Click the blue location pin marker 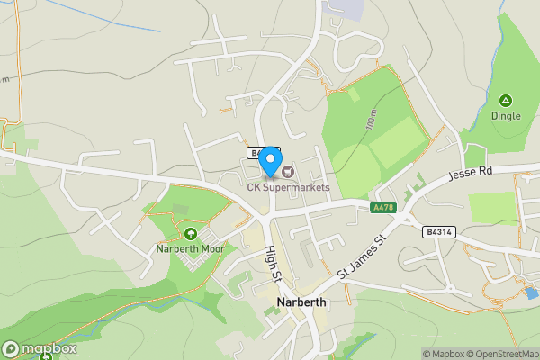[x=269, y=159]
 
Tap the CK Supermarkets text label [x=289, y=187]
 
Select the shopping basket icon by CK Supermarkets [x=287, y=170]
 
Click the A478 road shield [x=382, y=208]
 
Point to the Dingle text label [x=505, y=115]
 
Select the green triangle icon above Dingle [x=505, y=101]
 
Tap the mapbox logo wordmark [x=40, y=349]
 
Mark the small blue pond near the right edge [x=532, y=292]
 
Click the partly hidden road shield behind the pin [x=256, y=153]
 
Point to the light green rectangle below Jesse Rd [x=492, y=208]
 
